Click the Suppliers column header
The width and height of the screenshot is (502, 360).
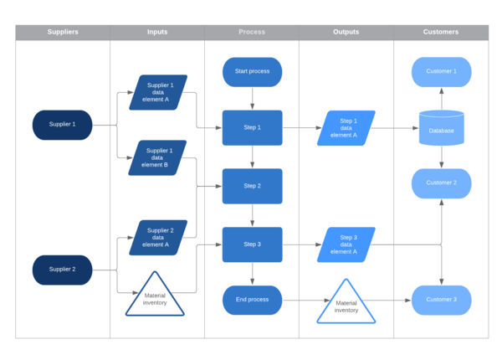[63, 32]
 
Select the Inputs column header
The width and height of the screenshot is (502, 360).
[157, 32]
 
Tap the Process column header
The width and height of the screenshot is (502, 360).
[252, 32]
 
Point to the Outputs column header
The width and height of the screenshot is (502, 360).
[346, 32]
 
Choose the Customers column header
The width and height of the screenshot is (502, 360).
[441, 32]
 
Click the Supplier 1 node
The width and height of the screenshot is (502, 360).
[62, 125]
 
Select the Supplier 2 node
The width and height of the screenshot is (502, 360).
[62, 270]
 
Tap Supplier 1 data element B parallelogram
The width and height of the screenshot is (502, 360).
[157, 157]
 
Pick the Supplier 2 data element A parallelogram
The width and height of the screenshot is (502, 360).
[157, 238]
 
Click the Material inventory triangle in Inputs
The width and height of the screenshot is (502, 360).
[155, 298]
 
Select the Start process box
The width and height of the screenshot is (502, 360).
[252, 71]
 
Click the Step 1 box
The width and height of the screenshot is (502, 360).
[252, 127]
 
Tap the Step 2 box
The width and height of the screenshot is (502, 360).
[252, 186]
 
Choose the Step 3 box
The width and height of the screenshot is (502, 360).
[252, 244]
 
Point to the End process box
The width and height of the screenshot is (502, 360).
[252, 300]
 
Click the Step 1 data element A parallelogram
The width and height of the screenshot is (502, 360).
[346, 128]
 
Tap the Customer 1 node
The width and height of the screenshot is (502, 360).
[441, 71]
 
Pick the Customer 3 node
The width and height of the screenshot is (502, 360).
[441, 300]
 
